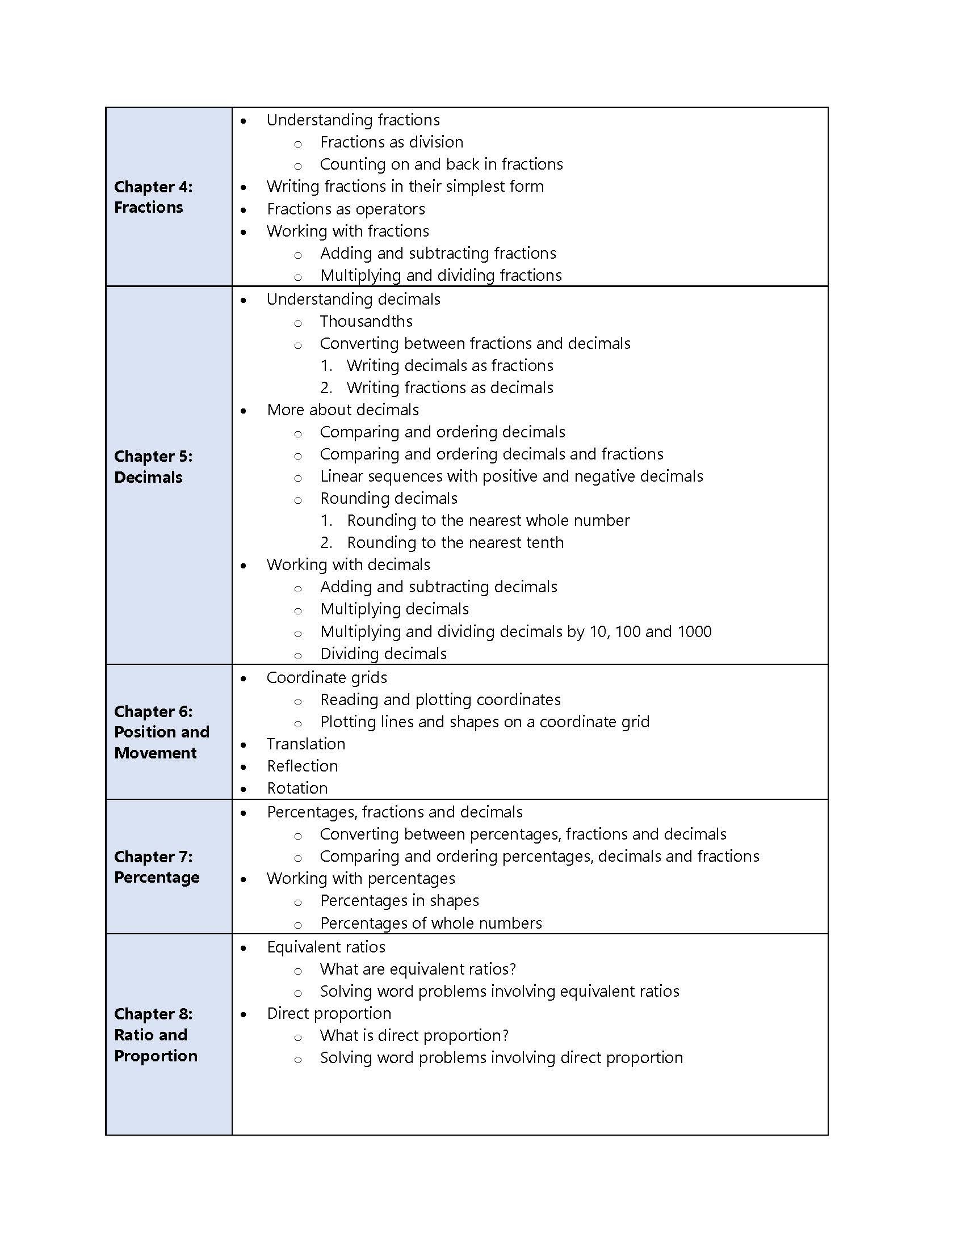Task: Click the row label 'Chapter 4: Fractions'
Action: tap(153, 197)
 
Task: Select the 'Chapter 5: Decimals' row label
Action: tap(153, 466)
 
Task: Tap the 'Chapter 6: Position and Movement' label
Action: tap(161, 731)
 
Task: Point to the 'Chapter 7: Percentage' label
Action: tap(157, 866)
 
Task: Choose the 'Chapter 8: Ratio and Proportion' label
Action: tap(156, 1034)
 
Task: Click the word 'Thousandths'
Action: tap(366, 321)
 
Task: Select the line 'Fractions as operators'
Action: tap(346, 209)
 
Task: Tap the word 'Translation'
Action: tap(306, 744)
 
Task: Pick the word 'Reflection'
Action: tap(303, 766)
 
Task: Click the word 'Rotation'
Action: tap(297, 788)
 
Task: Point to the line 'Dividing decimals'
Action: tap(384, 653)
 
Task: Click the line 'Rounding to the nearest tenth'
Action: tap(455, 542)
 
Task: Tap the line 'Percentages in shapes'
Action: tap(400, 900)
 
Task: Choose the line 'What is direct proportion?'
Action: tap(414, 1035)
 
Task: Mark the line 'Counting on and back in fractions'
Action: tap(441, 164)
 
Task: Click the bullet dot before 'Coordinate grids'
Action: tap(244, 678)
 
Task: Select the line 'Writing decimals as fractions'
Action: tap(450, 365)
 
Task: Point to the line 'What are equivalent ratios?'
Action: tap(418, 968)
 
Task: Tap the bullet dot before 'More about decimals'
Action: tap(244, 410)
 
